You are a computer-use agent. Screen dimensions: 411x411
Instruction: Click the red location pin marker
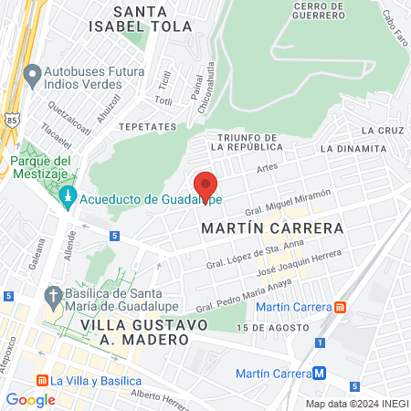coord(205,186)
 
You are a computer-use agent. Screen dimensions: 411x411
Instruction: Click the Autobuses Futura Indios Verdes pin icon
coord(33,72)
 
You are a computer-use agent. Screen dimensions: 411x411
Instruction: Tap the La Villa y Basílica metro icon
coord(41,380)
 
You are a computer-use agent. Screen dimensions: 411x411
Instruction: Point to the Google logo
coord(30,399)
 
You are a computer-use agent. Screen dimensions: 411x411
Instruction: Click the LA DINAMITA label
coord(353,147)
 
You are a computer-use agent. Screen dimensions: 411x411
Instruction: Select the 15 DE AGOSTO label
coord(267,327)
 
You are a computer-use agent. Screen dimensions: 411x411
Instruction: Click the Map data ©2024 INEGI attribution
coord(355,404)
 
